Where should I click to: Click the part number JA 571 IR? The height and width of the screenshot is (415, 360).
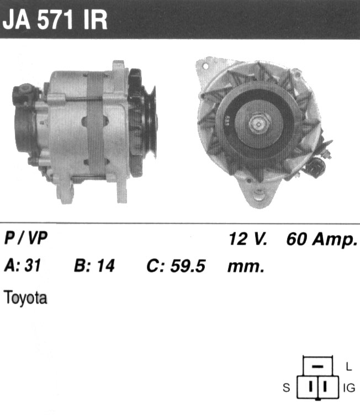55,20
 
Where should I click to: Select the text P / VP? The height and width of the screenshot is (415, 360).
26,238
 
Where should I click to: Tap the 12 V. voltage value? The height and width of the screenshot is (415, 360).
248,239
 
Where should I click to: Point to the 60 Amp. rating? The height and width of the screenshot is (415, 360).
322,240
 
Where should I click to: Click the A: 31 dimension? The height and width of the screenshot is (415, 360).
23,265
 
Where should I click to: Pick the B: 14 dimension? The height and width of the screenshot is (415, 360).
94,265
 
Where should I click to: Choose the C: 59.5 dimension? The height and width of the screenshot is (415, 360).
176,266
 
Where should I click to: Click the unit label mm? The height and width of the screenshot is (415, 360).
246,267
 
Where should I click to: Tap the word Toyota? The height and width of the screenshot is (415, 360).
25,298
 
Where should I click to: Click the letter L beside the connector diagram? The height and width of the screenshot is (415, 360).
349,366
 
